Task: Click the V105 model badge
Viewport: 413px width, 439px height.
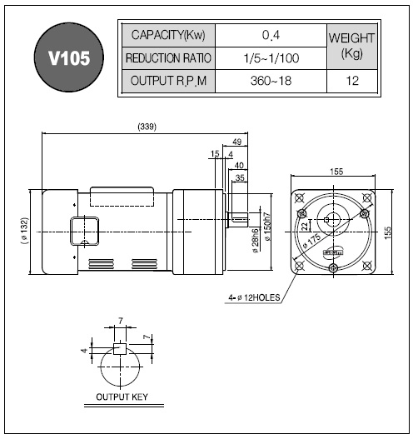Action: [x=69, y=57]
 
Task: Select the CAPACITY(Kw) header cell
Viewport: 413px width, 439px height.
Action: [x=168, y=35]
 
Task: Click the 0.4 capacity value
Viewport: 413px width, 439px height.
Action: [x=271, y=35]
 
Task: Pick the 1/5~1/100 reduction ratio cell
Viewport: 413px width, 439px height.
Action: [x=271, y=58]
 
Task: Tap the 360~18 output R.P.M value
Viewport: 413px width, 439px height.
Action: [x=271, y=81]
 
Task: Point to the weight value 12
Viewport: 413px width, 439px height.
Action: [x=352, y=81]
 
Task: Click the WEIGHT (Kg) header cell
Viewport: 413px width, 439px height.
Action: [x=352, y=47]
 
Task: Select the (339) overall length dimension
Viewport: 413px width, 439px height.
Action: [x=147, y=127]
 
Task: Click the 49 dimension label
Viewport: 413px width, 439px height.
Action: [x=236, y=142]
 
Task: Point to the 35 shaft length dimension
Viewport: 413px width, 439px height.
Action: [x=240, y=177]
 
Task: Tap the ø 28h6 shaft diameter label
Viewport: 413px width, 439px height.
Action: [x=255, y=241]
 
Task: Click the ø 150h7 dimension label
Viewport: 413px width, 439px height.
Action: [x=267, y=227]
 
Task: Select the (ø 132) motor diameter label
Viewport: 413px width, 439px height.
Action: [x=25, y=231]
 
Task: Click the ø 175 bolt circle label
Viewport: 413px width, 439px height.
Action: [x=312, y=241]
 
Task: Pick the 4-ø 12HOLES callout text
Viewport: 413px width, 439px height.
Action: [x=254, y=297]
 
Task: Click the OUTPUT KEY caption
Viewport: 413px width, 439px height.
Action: [x=122, y=397]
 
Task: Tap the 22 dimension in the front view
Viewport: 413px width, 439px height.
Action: [x=306, y=226]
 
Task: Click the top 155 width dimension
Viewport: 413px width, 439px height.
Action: [x=336, y=172]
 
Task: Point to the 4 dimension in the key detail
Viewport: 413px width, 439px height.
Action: [x=85, y=350]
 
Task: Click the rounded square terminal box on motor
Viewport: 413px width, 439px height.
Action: [x=84, y=231]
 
